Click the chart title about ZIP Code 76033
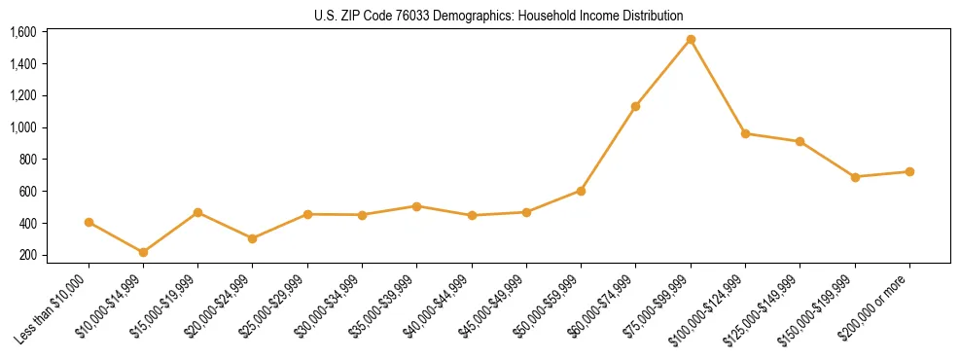[x=499, y=16]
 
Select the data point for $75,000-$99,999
[x=691, y=40]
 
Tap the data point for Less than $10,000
[x=89, y=222]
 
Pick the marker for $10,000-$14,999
[x=144, y=252]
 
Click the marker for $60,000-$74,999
[x=636, y=106]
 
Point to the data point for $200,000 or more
[x=909, y=171]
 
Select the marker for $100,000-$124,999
[x=745, y=133]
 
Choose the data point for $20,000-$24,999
[x=253, y=238]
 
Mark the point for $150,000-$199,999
[x=855, y=177]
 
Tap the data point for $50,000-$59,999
[x=581, y=191]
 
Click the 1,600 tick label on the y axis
[x=23, y=32]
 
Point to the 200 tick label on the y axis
[x=28, y=255]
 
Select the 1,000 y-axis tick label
[x=23, y=127]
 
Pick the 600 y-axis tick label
[x=28, y=192]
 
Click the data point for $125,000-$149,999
[x=800, y=141]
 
